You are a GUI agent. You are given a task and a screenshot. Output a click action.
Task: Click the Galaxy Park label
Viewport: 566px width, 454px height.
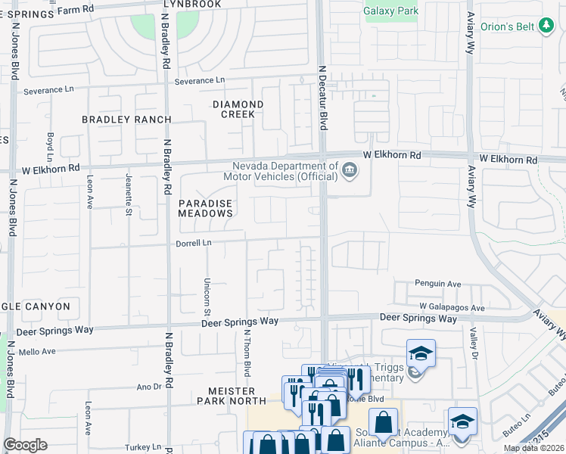pyautogui.click(x=390, y=11)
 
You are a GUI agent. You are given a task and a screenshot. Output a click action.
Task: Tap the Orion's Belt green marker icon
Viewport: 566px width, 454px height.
pyautogui.click(x=546, y=26)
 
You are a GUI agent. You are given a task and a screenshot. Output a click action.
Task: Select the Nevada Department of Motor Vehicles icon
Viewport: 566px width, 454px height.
pyautogui.click(x=349, y=169)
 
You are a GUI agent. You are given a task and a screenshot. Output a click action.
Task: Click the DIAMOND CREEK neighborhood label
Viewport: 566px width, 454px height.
pyautogui.click(x=238, y=109)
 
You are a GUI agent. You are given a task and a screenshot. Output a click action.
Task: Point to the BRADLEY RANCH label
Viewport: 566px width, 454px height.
pyautogui.click(x=126, y=120)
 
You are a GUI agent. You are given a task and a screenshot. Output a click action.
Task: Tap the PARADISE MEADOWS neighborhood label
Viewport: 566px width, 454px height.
pyautogui.click(x=205, y=209)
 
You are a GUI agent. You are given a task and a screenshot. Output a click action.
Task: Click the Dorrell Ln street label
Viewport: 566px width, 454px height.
pyautogui.click(x=192, y=243)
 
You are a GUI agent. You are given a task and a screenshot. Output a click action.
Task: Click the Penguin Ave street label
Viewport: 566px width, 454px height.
pyautogui.click(x=437, y=284)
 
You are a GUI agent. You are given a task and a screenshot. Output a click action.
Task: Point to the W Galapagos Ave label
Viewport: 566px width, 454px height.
pyautogui.click(x=452, y=308)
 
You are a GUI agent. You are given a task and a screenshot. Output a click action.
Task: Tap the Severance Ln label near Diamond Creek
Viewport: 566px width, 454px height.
pyautogui.click(x=200, y=80)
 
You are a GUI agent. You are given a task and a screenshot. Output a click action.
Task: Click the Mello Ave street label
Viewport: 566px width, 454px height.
pyautogui.click(x=38, y=352)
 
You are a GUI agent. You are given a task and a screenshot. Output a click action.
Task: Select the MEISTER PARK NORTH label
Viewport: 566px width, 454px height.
pyautogui.click(x=226, y=395)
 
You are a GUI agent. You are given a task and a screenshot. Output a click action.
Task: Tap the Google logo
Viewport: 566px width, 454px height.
pyautogui.click(x=25, y=445)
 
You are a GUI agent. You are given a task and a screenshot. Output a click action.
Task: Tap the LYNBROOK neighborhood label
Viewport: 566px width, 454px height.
pyautogui.click(x=192, y=5)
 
